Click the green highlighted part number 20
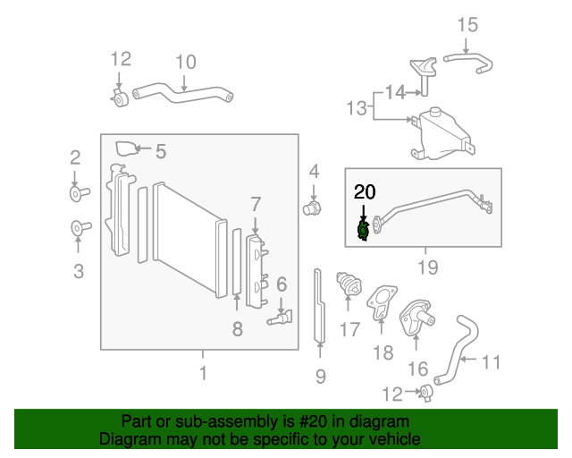coord(363,231)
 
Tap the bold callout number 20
coord(365,191)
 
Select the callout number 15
coord(467,25)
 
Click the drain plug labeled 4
coord(312,209)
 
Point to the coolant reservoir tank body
coord(443,135)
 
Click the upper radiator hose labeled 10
coord(182,94)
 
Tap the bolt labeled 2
coord(80,193)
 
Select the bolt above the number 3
coord(81,228)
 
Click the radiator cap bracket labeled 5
coord(126,148)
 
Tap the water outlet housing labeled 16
coord(416,317)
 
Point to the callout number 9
coord(320,377)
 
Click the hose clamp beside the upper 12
coord(120,98)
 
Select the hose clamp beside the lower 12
coord(426,393)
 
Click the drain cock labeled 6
coord(280,318)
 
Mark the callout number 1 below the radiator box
coord(203,373)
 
